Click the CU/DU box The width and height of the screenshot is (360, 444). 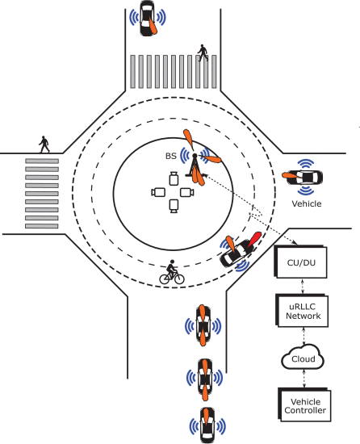click(300, 262)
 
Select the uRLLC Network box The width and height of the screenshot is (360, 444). click(302, 311)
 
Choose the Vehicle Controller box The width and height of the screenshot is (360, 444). click(304, 405)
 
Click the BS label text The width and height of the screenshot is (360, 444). click(171, 156)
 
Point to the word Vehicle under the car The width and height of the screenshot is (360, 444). click(307, 204)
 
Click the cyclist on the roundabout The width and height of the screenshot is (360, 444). click(172, 272)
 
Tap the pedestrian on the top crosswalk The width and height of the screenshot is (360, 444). click(203, 52)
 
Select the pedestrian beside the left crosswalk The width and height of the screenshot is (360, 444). click(44, 145)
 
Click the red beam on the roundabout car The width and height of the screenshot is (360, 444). click(254, 239)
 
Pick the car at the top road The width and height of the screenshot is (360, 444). click(147, 18)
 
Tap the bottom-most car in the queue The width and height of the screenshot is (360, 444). click(207, 425)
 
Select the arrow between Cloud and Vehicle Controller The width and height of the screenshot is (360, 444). click(304, 379)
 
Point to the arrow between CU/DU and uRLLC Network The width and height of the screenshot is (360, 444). click(303, 287)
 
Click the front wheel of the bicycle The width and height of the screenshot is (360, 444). click(179, 279)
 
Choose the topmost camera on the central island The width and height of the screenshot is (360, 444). click(174, 178)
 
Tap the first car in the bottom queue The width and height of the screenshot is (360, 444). click(203, 325)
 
